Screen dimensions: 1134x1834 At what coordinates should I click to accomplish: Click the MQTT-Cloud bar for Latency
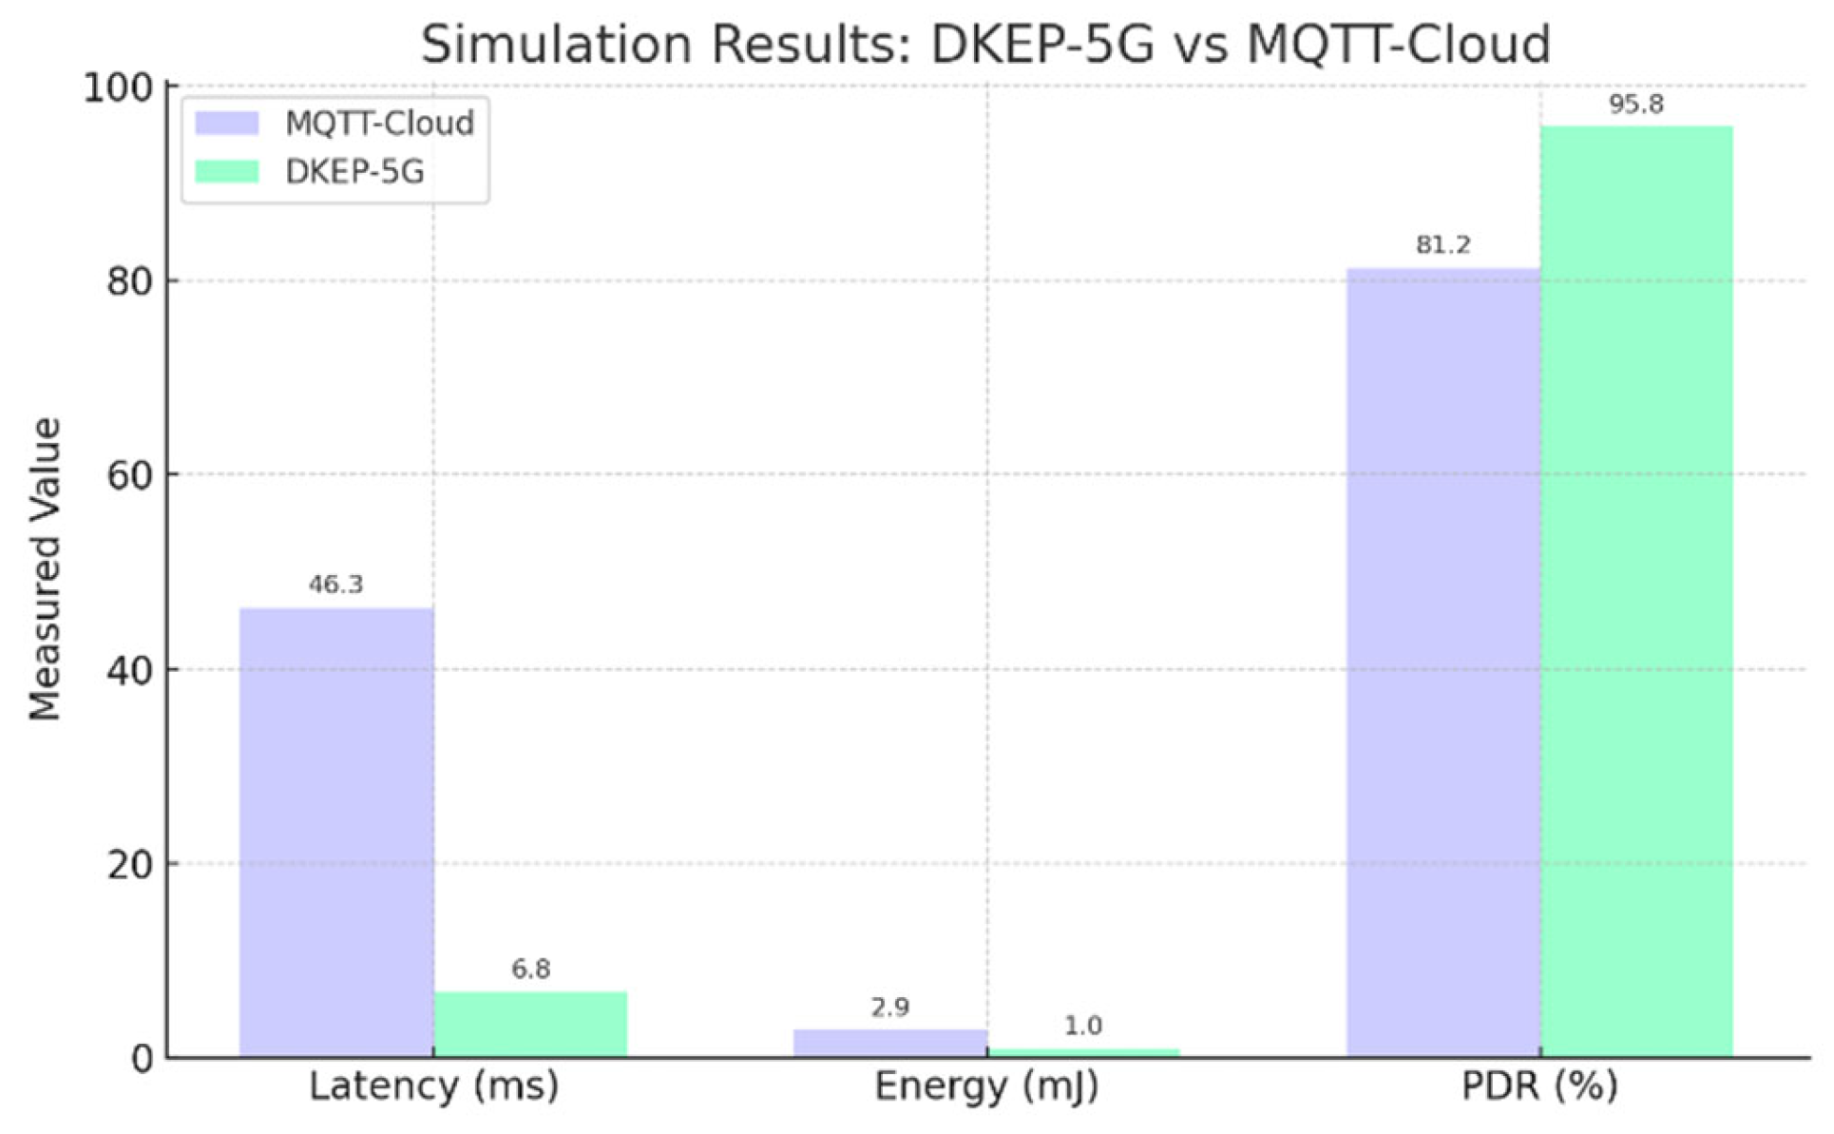[336, 832]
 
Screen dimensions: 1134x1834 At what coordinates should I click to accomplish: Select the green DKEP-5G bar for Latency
[530, 1024]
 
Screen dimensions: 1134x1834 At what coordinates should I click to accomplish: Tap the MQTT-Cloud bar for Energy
[890, 1043]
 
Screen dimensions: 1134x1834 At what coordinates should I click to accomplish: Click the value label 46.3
[335, 585]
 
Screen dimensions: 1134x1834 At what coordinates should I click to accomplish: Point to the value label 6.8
[530, 970]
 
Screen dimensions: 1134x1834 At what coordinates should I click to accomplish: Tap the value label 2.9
[890, 1008]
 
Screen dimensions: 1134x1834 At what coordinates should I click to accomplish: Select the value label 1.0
[1082, 1027]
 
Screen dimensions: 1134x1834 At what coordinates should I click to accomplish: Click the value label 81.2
[1442, 245]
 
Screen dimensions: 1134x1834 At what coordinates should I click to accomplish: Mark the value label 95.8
[1636, 105]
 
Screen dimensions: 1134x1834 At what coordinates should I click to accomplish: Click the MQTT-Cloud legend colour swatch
[226, 124]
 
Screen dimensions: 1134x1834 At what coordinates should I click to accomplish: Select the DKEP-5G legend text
[354, 172]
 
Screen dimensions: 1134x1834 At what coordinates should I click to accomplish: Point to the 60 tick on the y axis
[130, 475]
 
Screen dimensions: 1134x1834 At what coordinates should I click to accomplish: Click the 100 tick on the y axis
[119, 88]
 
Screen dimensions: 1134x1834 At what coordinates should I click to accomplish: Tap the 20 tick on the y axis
[130, 865]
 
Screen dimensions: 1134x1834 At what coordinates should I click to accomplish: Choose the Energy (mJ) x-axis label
[986, 1086]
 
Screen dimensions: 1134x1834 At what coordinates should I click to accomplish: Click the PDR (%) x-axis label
[1539, 1086]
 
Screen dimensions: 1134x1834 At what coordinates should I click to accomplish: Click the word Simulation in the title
[556, 45]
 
